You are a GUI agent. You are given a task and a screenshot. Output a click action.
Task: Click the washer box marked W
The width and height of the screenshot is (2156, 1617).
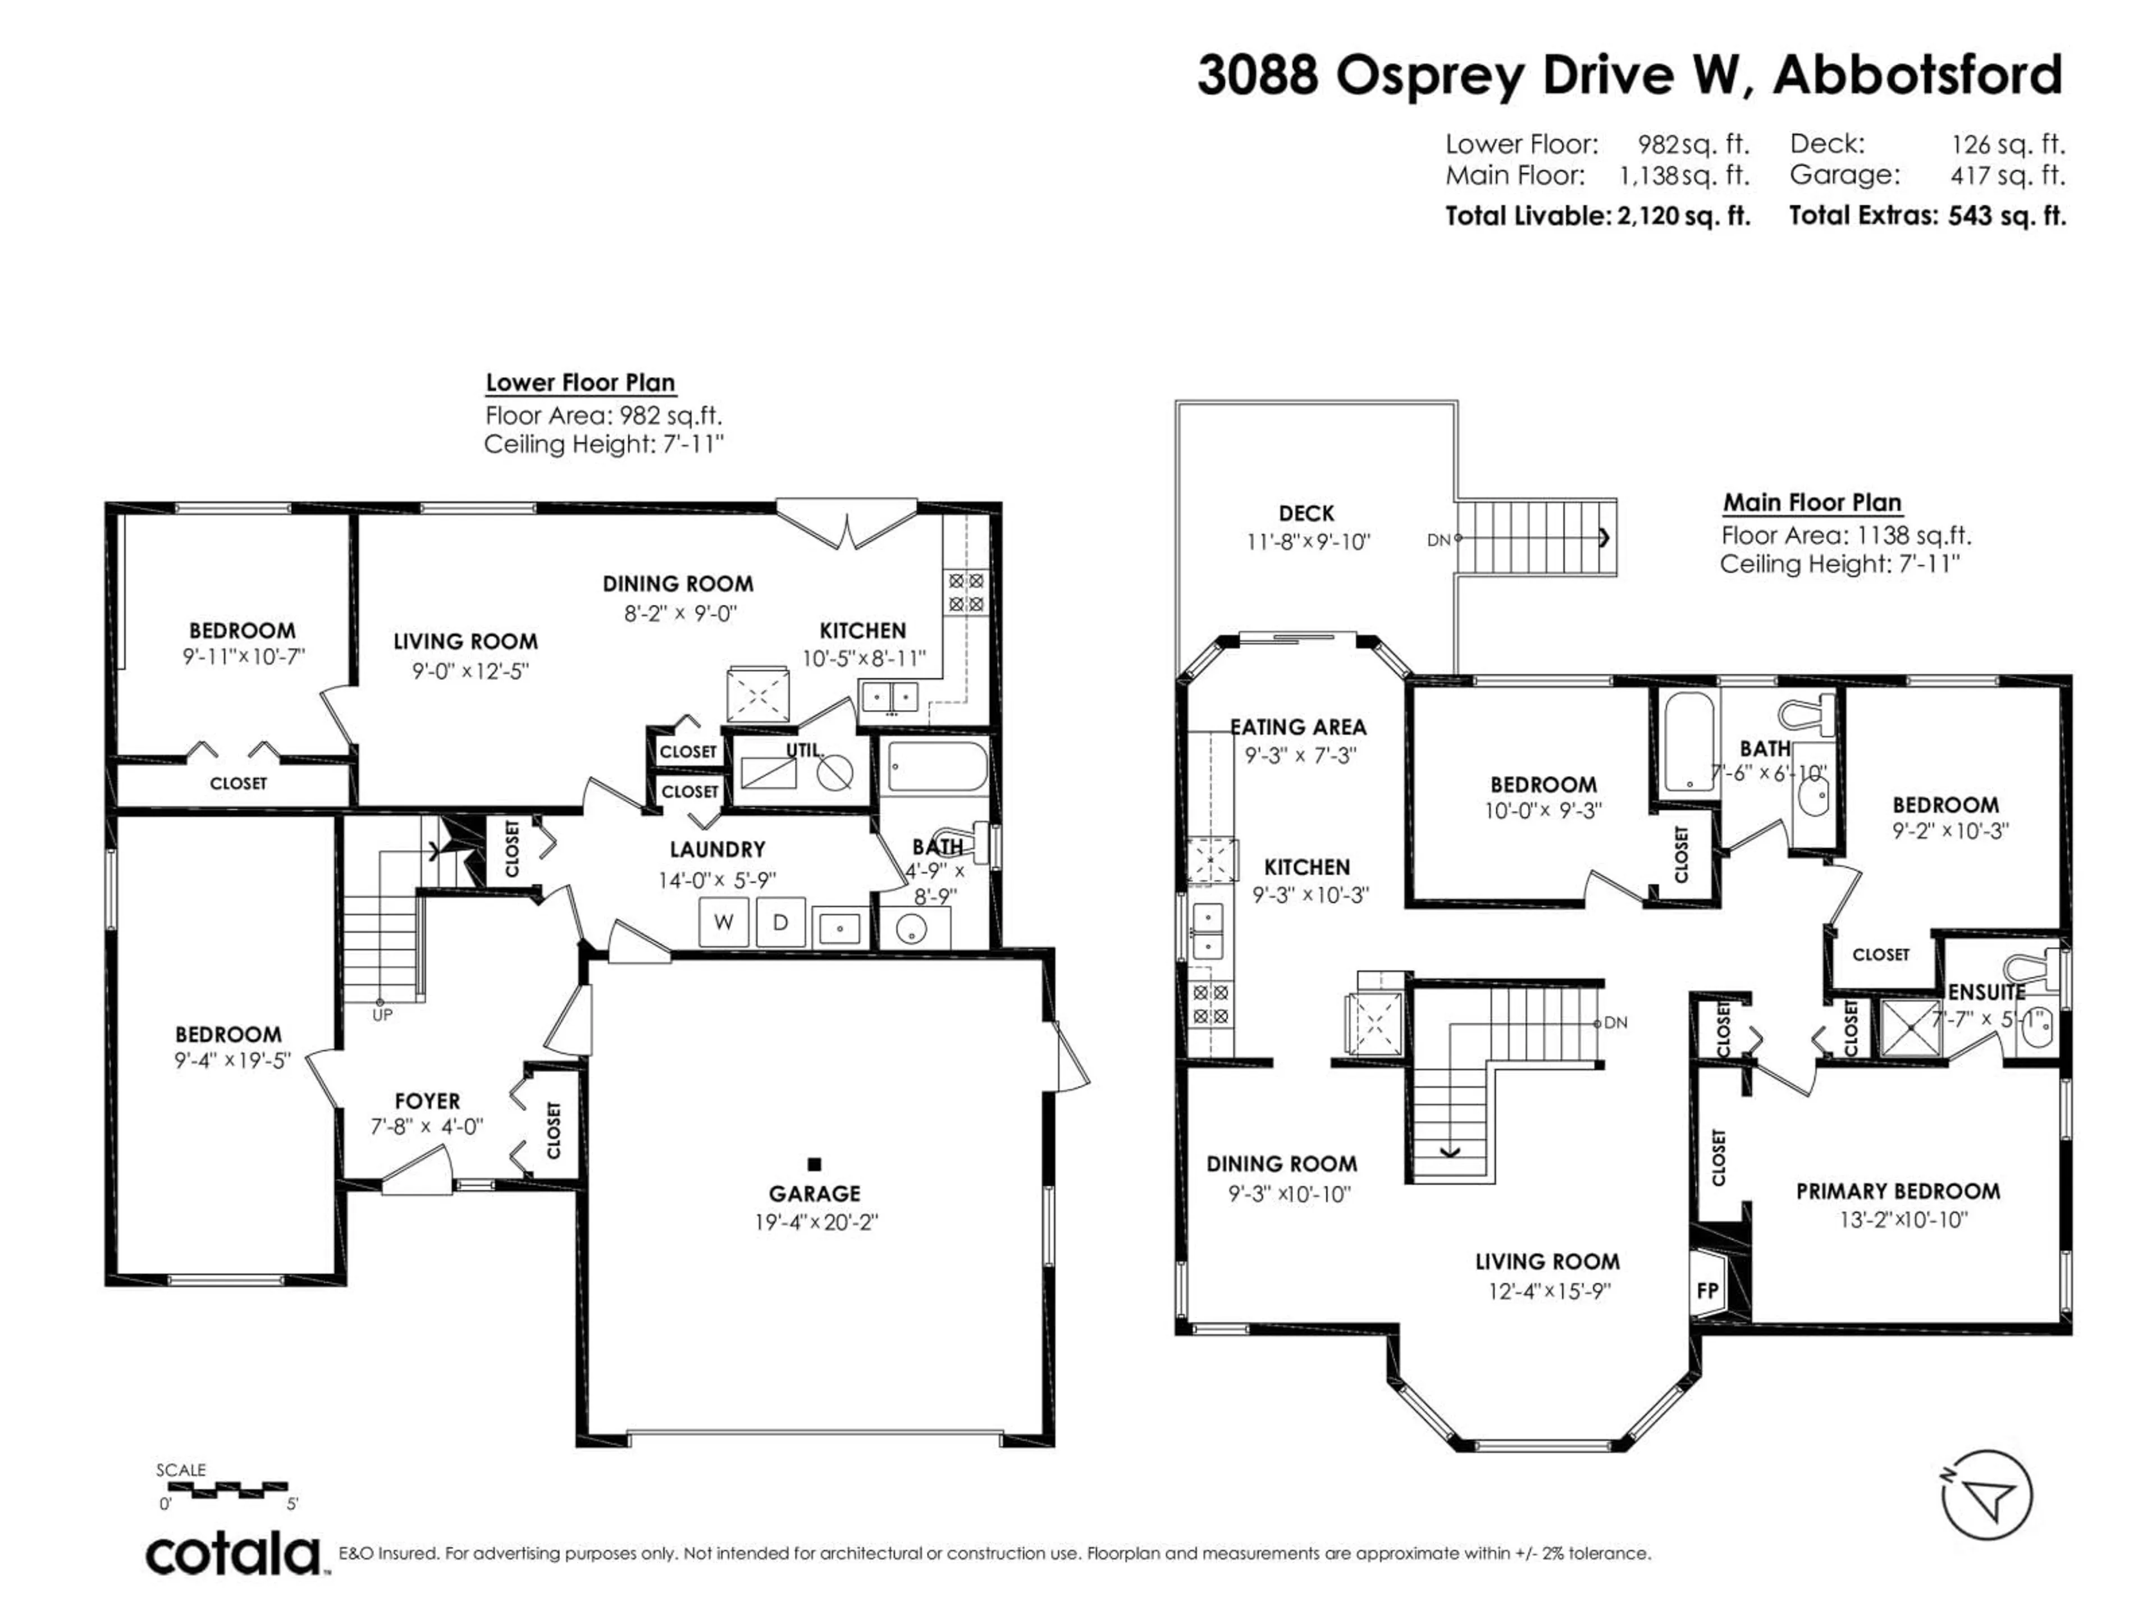(x=723, y=922)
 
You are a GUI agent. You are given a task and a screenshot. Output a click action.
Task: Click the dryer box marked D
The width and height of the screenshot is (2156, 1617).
(x=780, y=922)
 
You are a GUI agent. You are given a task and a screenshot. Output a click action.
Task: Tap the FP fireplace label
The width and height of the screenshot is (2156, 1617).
(x=1707, y=1290)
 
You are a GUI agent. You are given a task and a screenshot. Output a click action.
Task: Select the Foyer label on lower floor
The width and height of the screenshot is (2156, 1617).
(x=427, y=1102)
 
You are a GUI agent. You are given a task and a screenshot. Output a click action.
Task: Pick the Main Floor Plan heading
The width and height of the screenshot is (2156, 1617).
(x=1812, y=503)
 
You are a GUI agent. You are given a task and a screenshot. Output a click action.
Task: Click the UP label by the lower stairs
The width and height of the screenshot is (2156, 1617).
(x=382, y=1015)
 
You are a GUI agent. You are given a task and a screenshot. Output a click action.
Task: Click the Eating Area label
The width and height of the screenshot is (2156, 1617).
(x=1298, y=727)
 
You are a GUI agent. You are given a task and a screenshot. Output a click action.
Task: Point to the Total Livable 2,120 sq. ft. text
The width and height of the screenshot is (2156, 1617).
(x=1597, y=216)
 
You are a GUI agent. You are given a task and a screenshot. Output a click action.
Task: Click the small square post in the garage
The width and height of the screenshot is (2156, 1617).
(x=815, y=1164)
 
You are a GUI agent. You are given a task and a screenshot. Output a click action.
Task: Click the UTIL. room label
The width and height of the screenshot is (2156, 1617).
(x=805, y=751)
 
